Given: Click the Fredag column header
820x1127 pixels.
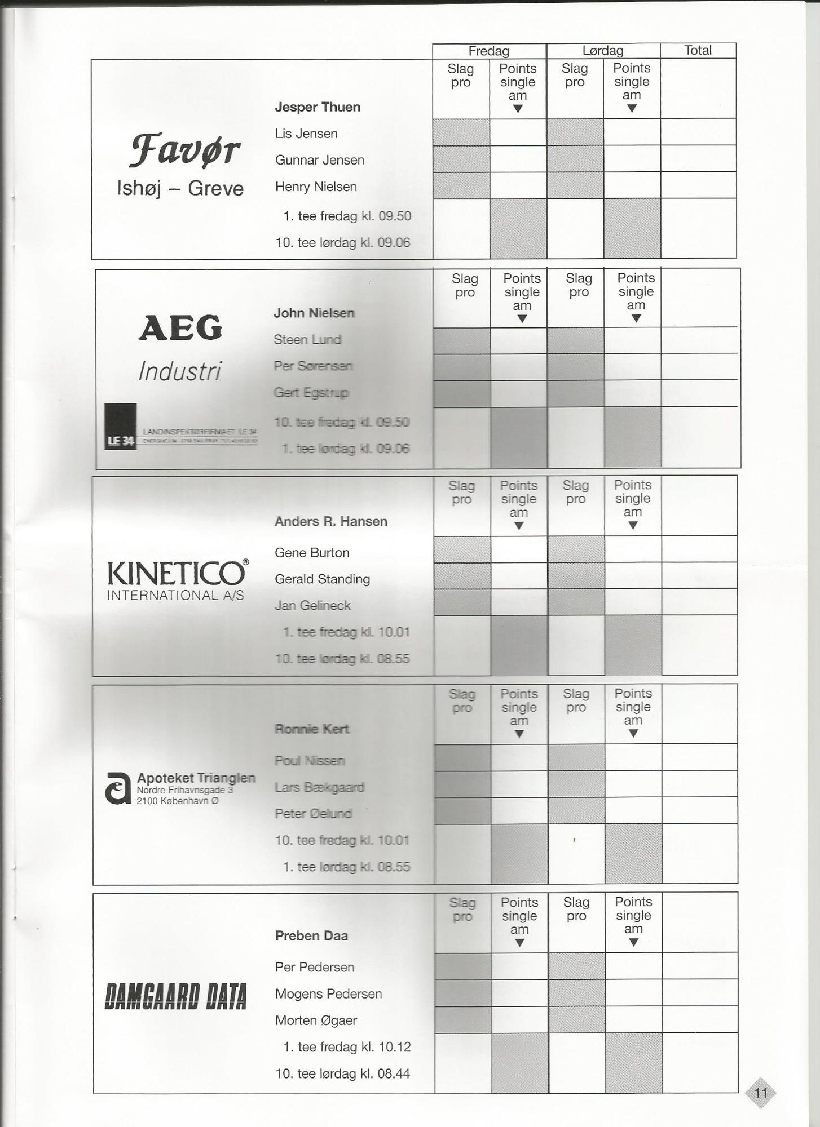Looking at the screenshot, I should tap(488, 51).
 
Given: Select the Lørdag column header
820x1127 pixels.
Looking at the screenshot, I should tap(602, 51).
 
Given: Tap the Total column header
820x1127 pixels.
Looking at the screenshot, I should tap(698, 50).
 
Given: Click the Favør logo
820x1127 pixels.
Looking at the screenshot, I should tap(184, 150).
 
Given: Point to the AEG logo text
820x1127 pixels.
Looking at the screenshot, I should tap(180, 327).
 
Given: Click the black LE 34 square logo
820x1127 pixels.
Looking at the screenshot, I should tap(120, 427).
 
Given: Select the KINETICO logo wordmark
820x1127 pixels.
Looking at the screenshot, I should tap(177, 574).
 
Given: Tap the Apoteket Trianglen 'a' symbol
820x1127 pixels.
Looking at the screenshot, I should tap(118, 788).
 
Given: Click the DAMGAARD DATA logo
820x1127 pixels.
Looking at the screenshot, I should tap(175, 996).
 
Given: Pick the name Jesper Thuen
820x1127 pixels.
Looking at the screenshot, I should tap(317, 107).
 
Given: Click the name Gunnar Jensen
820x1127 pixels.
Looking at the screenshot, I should tap(319, 160).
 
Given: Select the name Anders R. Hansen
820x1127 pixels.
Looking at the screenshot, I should tap(330, 521).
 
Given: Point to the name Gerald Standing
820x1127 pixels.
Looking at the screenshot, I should tap(322, 579).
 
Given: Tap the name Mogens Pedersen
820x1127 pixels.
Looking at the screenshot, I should tap(328, 993).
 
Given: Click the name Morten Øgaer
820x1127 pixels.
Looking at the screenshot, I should tap(316, 1020).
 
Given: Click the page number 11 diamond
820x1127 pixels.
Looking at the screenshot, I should tap(760, 1093).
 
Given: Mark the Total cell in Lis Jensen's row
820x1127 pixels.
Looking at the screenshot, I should tap(698, 132).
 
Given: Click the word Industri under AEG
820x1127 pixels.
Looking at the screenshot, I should tap(180, 371).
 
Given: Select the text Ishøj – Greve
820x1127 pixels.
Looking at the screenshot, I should tap(180, 188).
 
